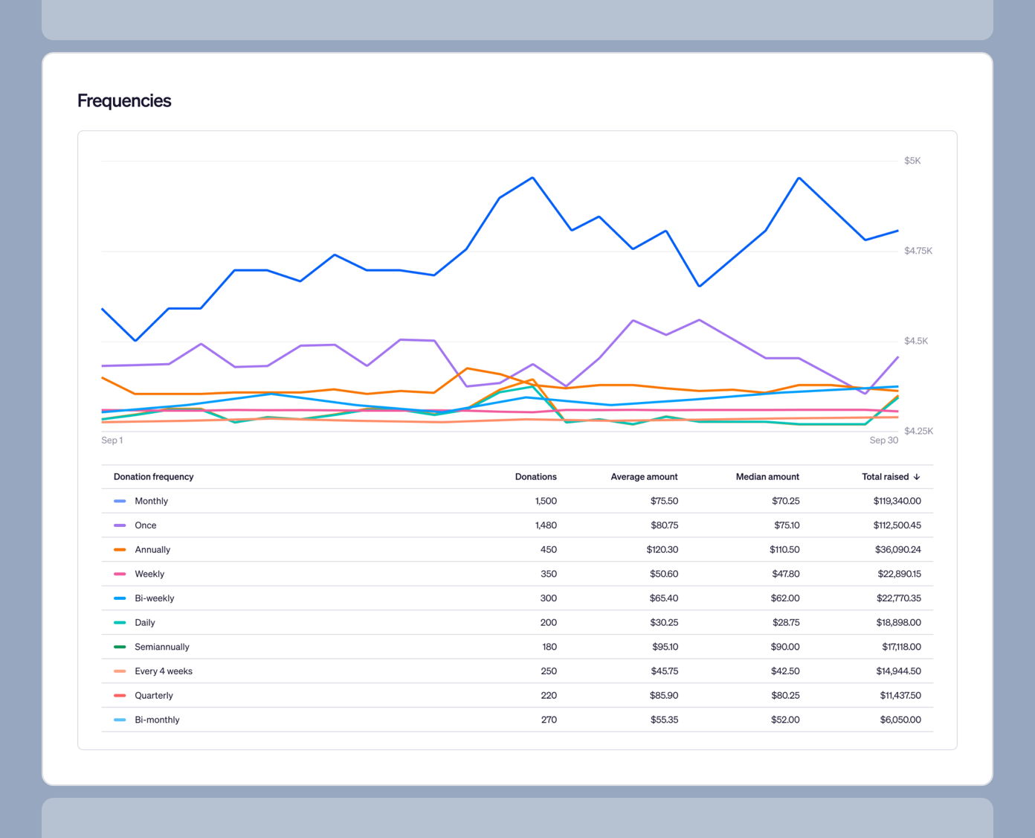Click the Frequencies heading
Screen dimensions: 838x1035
pos(124,101)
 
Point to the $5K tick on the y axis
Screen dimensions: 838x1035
pos(912,161)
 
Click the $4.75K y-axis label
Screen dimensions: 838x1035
pos(918,251)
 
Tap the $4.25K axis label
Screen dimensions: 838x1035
pos(918,431)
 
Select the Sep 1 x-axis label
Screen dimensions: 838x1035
pos(112,441)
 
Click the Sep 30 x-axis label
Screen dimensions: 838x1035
pos(883,441)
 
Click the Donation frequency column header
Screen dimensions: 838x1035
pos(153,477)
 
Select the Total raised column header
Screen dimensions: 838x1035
pos(885,477)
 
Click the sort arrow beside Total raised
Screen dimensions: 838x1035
pos(917,477)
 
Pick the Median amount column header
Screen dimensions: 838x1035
pos(767,477)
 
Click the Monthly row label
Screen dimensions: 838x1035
pos(151,502)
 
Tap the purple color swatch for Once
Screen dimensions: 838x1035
pos(120,525)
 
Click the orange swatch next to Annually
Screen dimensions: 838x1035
pos(120,550)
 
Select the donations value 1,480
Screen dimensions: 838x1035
pos(546,525)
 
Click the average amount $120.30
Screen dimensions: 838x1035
pos(662,550)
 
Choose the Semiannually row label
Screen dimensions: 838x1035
pos(161,647)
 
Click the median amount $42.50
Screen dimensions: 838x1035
pos(785,671)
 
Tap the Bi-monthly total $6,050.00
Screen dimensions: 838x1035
pos(900,720)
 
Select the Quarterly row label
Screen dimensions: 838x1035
pos(153,696)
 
